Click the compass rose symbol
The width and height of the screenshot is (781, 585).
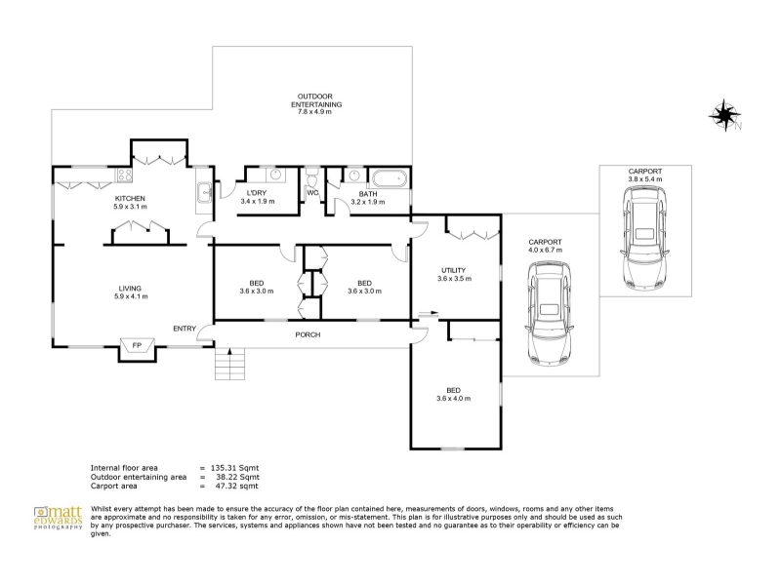point(723,115)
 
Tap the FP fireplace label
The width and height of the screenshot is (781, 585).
point(137,345)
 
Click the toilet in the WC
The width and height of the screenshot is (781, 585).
point(312,176)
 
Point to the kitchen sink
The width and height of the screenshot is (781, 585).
point(204,192)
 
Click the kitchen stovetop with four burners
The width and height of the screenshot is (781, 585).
point(125,175)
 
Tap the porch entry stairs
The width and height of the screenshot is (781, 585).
point(230,364)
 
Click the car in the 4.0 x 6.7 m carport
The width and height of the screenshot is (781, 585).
point(549,314)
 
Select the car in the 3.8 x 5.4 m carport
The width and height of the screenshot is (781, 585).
point(644,237)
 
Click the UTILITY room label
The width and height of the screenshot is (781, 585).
point(454,271)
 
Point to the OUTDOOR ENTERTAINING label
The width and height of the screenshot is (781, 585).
point(315,100)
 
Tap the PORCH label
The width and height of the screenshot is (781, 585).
point(308,334)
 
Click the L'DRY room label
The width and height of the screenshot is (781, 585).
point(257,193)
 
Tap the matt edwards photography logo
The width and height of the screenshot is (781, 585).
point(58,518)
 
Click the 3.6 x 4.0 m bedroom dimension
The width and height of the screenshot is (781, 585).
point(453,399)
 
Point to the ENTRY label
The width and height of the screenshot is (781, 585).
point(185,329)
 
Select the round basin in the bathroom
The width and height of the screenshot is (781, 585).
point(354,175)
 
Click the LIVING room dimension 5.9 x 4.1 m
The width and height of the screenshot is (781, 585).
point(131,296)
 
